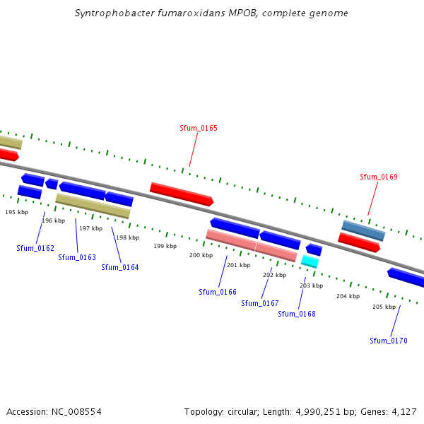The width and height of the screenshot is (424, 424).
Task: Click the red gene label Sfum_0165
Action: point(199,128)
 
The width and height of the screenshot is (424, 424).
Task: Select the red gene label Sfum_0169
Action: point(379,177)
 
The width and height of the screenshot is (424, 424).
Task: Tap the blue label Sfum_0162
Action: point(35,248)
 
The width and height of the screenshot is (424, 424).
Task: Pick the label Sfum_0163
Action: point(77,257)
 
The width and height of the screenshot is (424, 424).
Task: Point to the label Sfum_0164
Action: point(120,267)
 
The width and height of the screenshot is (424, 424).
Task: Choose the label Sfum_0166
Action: point(218,292)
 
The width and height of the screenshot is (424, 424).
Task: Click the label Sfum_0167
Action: point(260,303)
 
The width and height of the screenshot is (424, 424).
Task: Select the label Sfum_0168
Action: point(297,314)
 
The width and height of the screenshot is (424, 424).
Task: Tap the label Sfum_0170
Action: point(389,341)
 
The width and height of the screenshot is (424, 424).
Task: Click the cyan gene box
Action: point(310,261)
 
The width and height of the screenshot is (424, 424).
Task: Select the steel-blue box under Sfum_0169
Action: point(363,230)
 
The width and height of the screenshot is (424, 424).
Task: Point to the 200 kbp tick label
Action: point(201,255)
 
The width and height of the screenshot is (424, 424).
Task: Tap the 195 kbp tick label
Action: point(17,212)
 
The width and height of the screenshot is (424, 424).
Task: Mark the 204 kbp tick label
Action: point(348,296)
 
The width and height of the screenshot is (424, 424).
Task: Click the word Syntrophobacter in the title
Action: point(109,13)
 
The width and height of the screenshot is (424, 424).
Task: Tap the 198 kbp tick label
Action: point(128,237)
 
